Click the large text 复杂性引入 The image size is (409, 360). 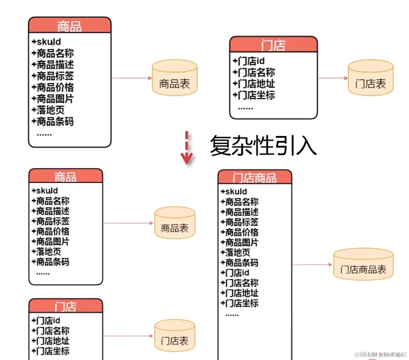(263, 145)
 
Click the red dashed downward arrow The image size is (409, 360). (187, 148)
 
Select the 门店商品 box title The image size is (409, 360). (255, 178)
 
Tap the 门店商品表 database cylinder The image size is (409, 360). (363, 265)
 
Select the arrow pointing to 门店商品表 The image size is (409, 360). (312, 265)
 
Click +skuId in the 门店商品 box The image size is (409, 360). (234, 192)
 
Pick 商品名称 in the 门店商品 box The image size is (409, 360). (239, 202)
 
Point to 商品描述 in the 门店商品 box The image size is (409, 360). (239, 212)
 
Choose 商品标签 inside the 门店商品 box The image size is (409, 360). (239, 222)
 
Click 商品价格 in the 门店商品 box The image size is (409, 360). (239, 232)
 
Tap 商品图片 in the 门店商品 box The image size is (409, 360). (239, 243)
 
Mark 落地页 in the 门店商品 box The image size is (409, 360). (235, 252)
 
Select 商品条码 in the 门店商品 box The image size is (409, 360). (239, 263)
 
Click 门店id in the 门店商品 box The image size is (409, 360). (235, 273)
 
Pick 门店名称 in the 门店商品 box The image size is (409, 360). (239, 283)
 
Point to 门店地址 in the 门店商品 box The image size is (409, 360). (239, 293)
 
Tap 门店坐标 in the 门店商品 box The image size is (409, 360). (239, 303)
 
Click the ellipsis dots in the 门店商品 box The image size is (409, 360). (232, 315)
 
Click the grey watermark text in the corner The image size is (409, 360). (380, 354)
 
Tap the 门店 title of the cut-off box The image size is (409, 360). (66, 306)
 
